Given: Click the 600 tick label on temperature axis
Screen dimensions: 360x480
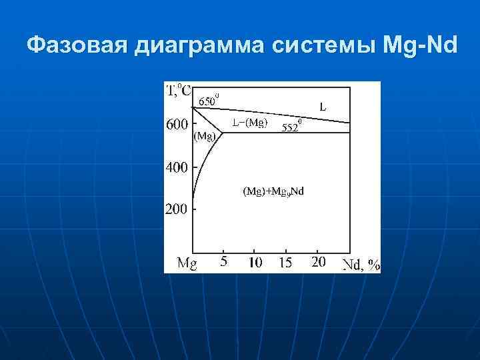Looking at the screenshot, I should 177,125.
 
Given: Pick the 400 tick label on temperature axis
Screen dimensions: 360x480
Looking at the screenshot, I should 177,168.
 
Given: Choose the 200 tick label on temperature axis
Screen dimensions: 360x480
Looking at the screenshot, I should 177,209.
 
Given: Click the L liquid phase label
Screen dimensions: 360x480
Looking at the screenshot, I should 323,106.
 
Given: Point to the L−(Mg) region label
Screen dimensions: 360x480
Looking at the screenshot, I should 250,122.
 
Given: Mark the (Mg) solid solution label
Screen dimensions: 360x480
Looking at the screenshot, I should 205,137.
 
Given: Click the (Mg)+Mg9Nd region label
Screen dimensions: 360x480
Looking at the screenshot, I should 273,192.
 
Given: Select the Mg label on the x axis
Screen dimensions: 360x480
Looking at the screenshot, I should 187,263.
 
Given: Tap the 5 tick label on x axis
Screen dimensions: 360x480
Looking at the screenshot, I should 223,261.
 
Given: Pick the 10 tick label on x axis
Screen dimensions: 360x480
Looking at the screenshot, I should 255,262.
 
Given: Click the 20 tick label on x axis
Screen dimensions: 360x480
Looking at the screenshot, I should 319,262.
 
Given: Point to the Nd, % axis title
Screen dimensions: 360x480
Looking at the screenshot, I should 360,264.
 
